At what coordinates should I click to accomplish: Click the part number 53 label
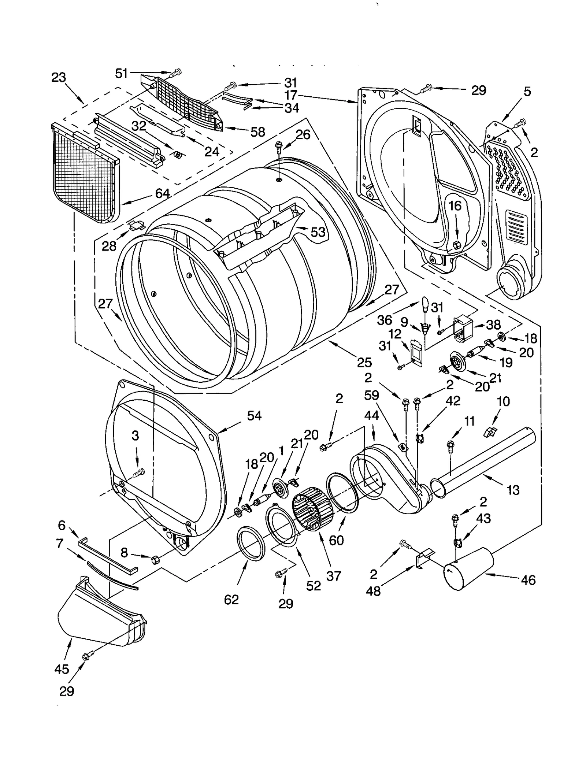pyautogui.click(x=318, y=231)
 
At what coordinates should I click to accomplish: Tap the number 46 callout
pyautogui.click(x=528, y=580)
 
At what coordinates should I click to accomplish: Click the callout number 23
pyautogui.click(x=59, y=78)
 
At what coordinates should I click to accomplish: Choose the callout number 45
pyautogui.click(x=62, y=669)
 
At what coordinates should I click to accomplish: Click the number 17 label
pyautogui.click(x=291, y=95)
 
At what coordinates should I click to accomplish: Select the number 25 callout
pyautogui.click(x=364, y=362)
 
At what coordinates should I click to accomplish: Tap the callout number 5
pyautogui.click(x=527, y=91)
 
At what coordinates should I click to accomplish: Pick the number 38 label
pyautogui.click(x=493, y=325)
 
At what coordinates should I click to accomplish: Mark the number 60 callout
pyautogui.click(x=336, y=540)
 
